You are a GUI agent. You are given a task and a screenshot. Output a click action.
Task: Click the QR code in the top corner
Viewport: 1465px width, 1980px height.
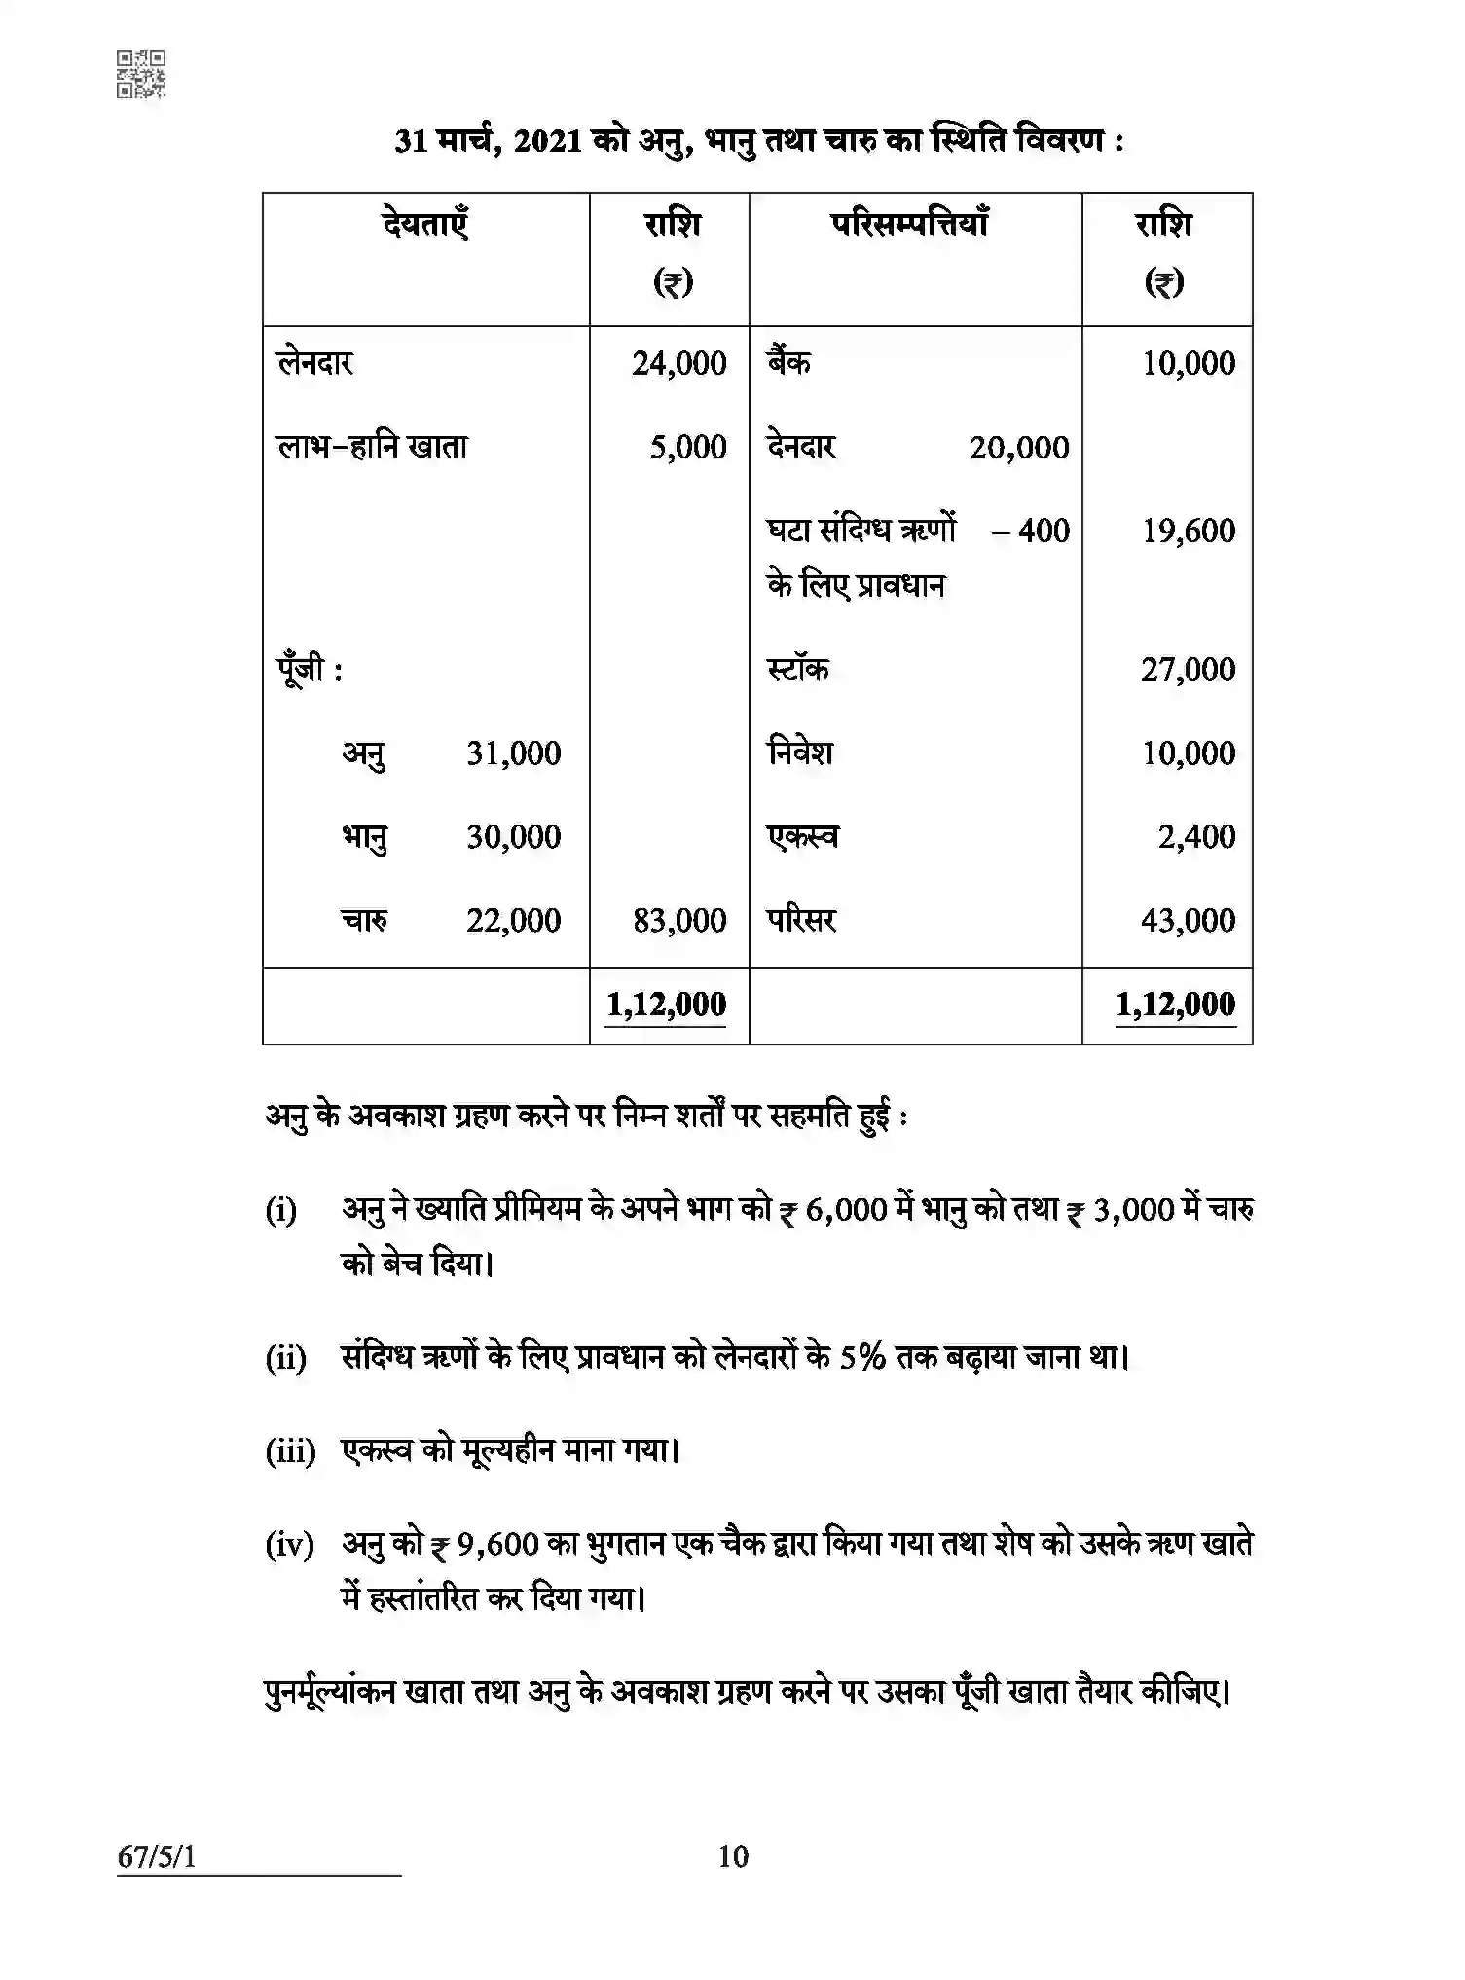[141, 74]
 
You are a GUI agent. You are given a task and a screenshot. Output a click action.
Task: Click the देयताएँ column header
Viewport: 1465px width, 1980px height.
[425, 225]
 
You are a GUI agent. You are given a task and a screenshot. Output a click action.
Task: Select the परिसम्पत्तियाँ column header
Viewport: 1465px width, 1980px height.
[910, 225]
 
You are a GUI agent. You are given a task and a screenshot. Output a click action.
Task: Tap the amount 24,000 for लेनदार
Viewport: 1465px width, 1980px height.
[678, 364]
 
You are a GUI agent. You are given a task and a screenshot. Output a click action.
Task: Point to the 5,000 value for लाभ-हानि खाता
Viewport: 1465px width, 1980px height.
[688, 448]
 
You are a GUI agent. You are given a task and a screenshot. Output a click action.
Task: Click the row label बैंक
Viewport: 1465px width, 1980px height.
[788, 363]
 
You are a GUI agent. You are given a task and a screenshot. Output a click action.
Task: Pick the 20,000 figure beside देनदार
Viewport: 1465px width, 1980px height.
[1018, 448]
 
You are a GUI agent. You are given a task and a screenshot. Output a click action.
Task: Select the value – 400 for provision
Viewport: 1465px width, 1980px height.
[1031, 532]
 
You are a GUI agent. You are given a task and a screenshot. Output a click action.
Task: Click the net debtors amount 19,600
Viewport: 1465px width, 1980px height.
[1188, 532]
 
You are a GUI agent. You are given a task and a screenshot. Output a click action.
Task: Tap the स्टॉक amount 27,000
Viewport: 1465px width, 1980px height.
[1188, 670]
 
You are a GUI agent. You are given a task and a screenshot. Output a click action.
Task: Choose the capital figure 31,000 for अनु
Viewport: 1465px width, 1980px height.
[513, 753]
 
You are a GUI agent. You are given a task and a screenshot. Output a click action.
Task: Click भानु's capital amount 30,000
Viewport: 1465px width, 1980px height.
[513, 837]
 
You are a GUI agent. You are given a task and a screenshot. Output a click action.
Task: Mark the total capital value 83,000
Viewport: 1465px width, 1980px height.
[678, 921]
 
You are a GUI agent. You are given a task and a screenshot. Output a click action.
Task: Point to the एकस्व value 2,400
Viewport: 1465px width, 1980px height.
[1196, 837]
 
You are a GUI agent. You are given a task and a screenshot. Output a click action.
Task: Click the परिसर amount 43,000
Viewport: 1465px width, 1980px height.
[1188, 921]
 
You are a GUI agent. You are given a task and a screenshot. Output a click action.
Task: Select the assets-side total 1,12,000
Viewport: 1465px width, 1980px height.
[1175, 1005]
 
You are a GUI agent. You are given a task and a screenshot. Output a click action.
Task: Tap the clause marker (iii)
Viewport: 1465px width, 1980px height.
[290, 1452]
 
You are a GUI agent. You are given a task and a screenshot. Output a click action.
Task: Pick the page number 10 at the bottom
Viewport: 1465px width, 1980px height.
[733, 1857]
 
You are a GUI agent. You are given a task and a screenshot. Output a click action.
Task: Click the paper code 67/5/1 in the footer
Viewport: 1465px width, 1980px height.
[157, 1857]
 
